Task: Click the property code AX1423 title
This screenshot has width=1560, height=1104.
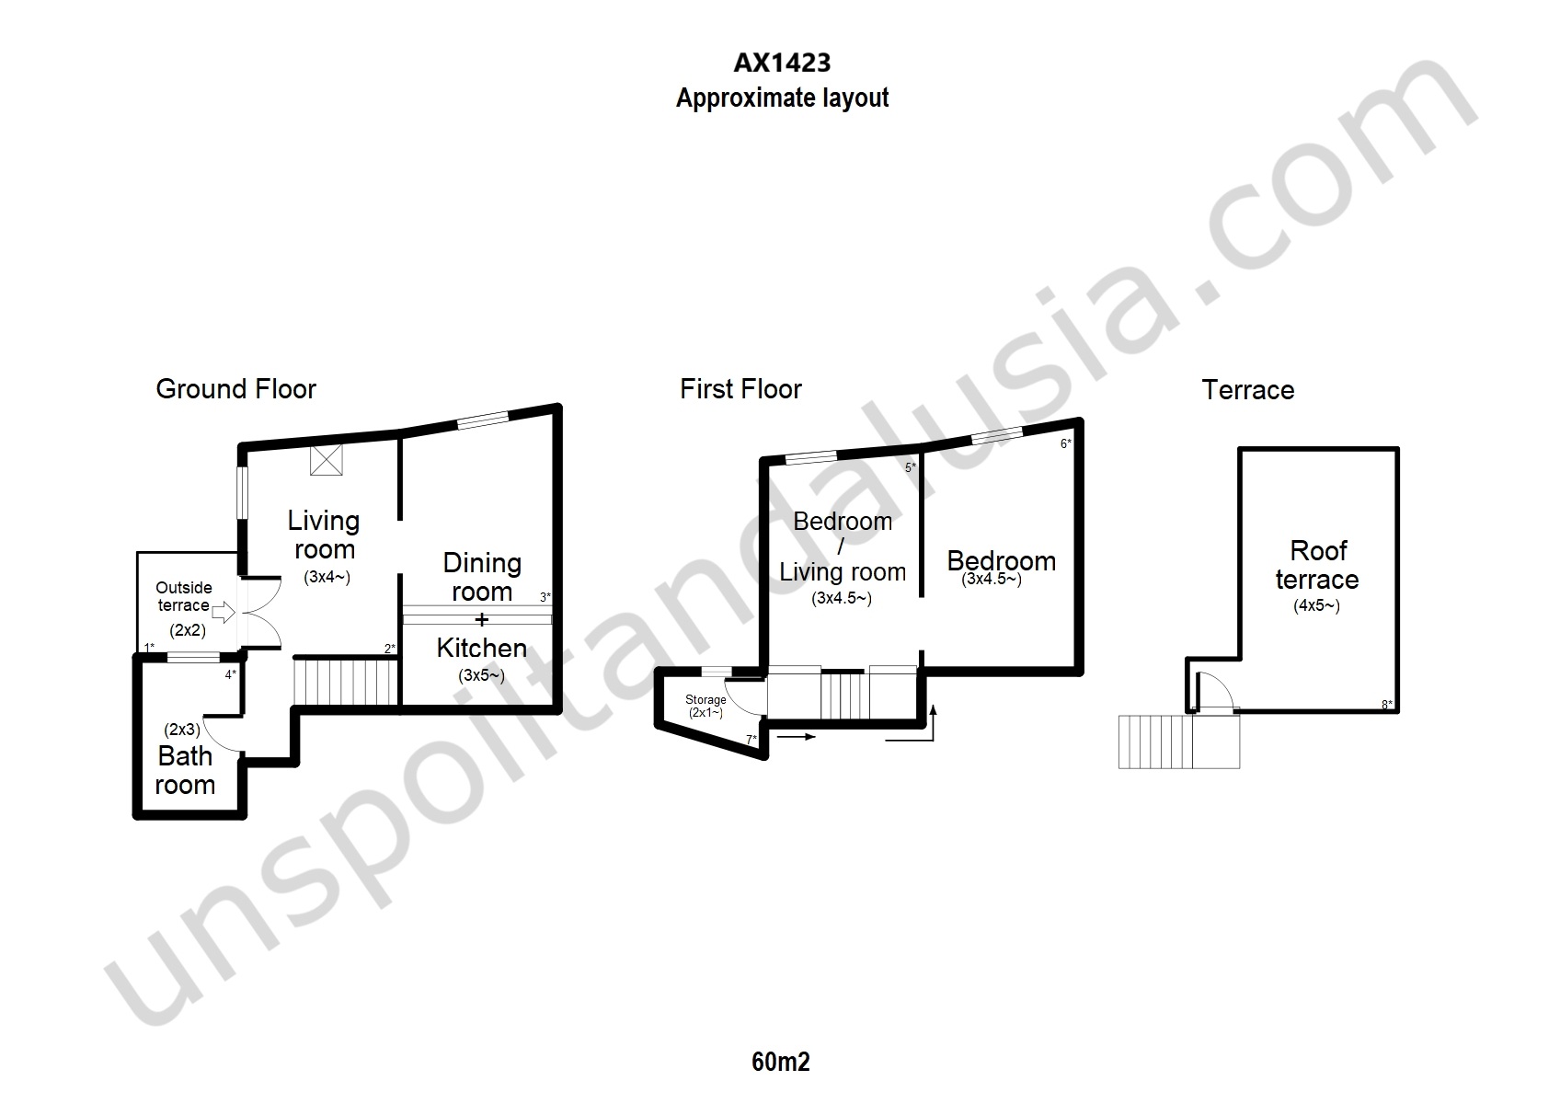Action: pos(782,63)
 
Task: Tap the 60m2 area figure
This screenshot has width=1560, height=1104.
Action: pos(781,1062)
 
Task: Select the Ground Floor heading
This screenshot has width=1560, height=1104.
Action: pos(236,388)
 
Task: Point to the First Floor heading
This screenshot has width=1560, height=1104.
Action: pos(740,388)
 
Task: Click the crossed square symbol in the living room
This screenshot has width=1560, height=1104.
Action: pos(326,460)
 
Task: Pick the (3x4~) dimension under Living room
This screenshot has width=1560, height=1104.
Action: pos(327,577)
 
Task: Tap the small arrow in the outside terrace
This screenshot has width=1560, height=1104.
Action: pos(223,612)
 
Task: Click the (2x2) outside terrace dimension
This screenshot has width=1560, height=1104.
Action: pos(188,630)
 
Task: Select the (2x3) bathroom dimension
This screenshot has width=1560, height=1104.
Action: pos(182,730)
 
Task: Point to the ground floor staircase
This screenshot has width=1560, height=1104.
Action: pos(346,682)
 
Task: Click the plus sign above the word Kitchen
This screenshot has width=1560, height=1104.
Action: pos(481,619)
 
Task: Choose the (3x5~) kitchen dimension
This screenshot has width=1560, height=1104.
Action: pos(481,675)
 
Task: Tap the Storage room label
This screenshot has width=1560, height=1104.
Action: pos(705,699)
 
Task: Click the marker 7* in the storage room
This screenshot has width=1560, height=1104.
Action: pos(751,740)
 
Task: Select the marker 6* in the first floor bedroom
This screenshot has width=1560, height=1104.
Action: pos(1065,443)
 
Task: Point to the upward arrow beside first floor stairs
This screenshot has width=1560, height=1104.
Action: pos(933,722)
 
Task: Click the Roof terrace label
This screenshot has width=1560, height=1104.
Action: pos(1318,565)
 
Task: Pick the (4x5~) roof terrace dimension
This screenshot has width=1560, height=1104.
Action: pos(1316,605)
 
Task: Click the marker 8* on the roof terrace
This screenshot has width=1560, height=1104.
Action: pos(1387,705)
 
